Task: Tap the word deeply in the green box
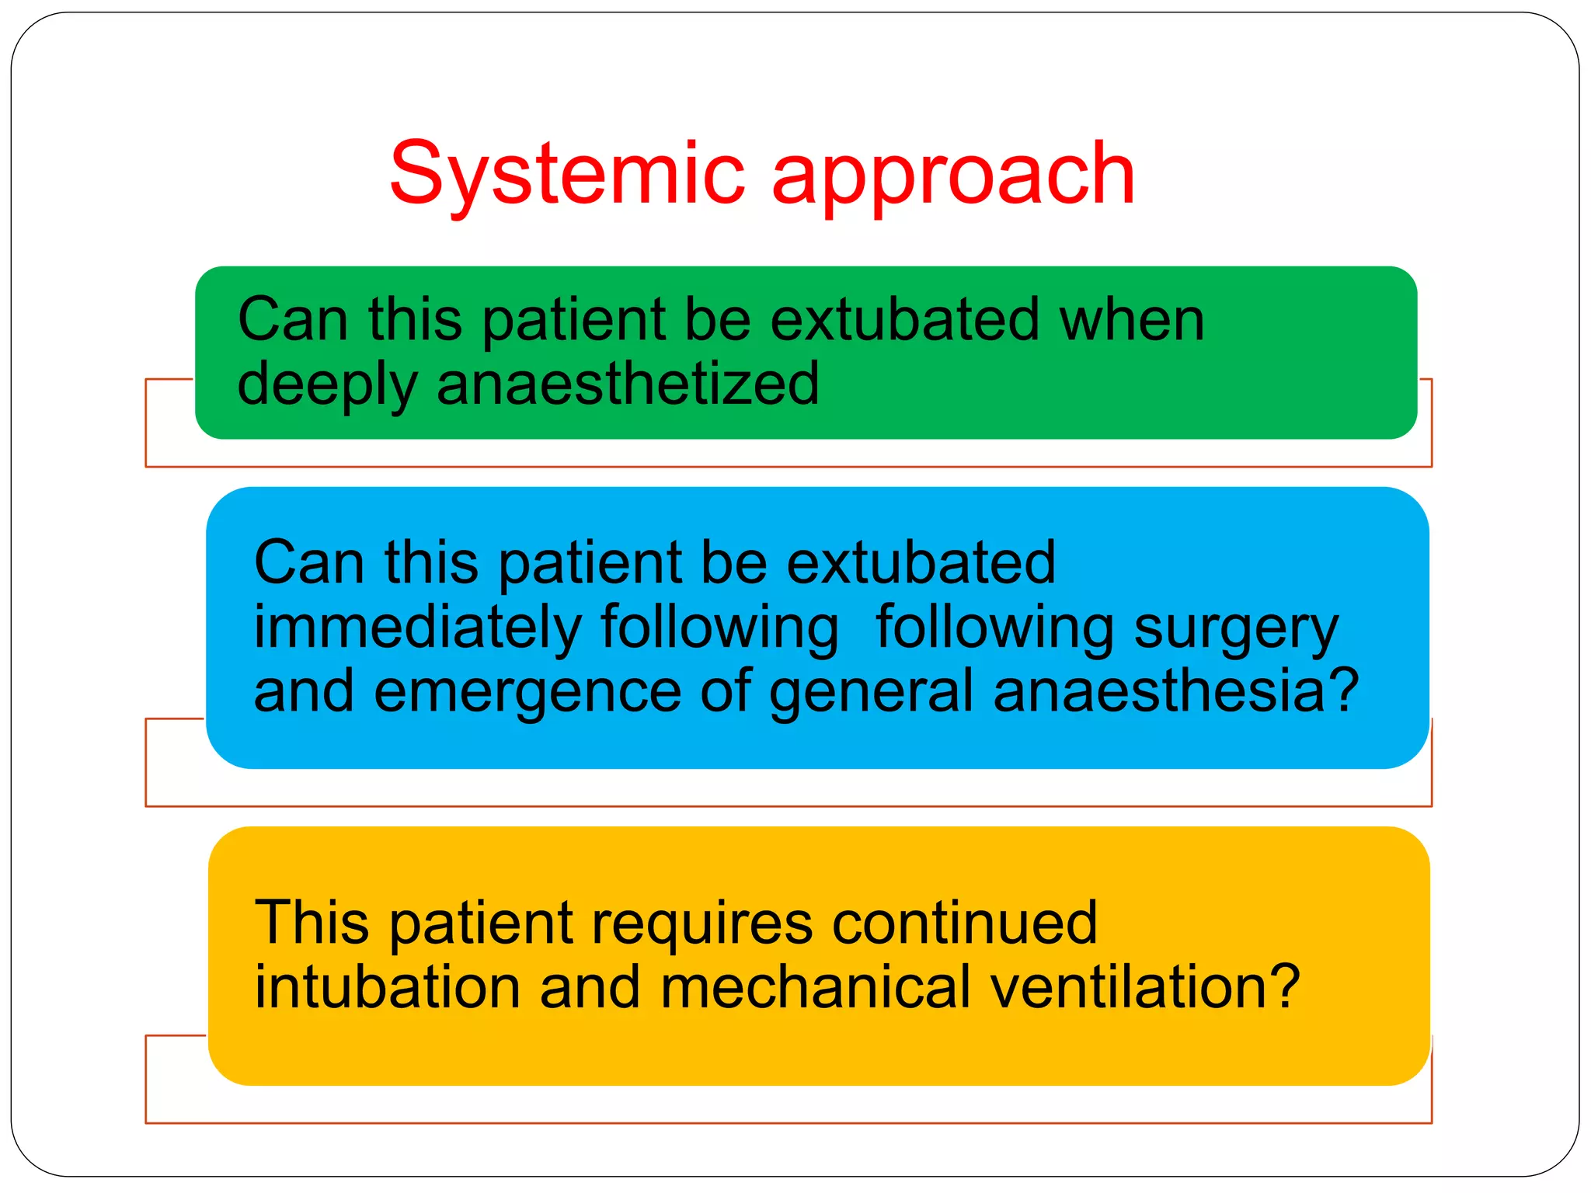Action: (327, 385)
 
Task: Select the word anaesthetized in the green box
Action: (628, 384)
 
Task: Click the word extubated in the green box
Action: (905, 319)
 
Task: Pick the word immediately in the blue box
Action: (418, 628)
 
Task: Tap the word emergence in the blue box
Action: (527, 691)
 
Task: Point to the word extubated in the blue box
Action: (921, 562)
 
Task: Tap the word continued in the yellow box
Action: (964, 923)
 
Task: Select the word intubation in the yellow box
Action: (388, 987)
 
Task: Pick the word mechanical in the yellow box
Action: (816, 987)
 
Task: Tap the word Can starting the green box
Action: (293, 319)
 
